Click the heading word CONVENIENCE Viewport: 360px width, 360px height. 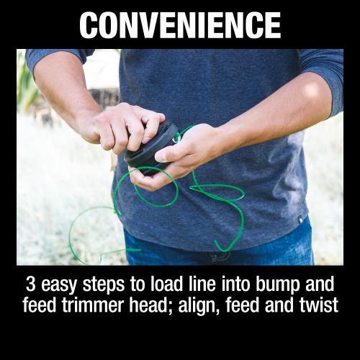click(x=180, y=25)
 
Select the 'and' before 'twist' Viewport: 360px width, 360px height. click(x=276, y=305)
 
